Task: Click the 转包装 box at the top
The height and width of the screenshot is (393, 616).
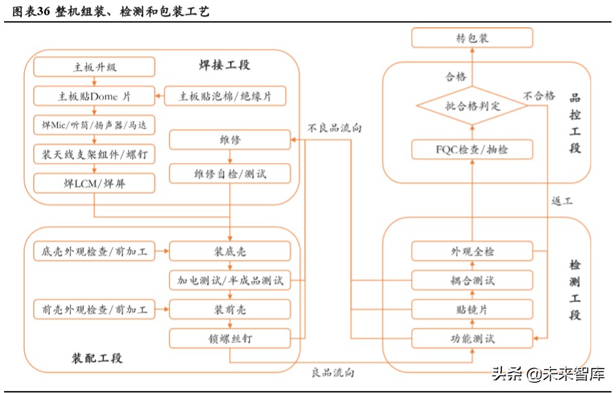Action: click(x=472, y=38)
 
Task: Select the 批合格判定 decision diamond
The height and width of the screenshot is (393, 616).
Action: click(x=472, y=106)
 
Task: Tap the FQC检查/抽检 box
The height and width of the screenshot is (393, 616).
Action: click(x=472, y=149)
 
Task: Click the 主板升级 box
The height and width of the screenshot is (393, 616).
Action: click(x=94, y=67)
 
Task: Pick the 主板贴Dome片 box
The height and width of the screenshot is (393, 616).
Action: click(x=94, y=96)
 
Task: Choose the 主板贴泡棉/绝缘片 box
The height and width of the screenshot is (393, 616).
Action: click(x=225, y=96)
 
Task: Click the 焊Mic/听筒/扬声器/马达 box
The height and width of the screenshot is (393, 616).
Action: click(x=94, y=126)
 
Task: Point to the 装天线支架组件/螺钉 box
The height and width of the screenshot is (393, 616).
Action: click(x=94, y=155)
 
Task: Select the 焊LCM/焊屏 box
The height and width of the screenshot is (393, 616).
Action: click(x=94, y=183)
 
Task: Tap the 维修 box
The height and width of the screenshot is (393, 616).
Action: click(x=230, y=140)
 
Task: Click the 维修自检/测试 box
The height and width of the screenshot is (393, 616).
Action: click(x=230, y=174)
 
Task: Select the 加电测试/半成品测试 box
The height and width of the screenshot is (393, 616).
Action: click(x=230, y=280)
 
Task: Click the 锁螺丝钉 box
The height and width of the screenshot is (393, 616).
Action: click(x=230, y=337)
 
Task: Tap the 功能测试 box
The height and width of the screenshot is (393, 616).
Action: click(x=472, y=337)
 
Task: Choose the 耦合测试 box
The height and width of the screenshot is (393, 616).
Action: click(x=472, y=280)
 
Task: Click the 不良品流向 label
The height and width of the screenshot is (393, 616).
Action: click(x=334, y=128)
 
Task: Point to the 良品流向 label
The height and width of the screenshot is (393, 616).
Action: click(x=332, y=373)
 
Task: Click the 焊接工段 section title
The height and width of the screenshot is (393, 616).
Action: click(x=224, y=65)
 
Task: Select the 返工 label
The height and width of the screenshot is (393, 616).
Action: click(x=562, y=202)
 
